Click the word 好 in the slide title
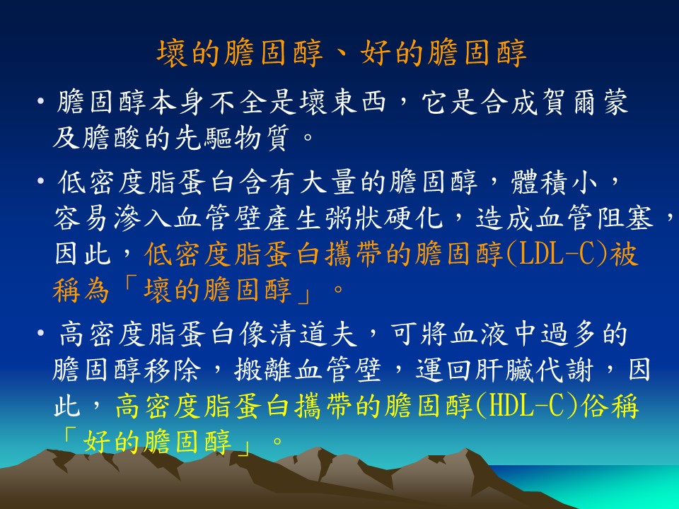tap(375, 53)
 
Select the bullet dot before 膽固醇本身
tap(41, 103)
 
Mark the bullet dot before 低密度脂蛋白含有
tap(41, 182)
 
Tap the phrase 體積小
tap(555, 182)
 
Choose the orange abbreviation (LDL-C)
tap(557, 254)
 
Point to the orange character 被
tap(624, 254)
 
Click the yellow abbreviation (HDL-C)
tap(527, 406)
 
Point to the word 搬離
tap(264, 370)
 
